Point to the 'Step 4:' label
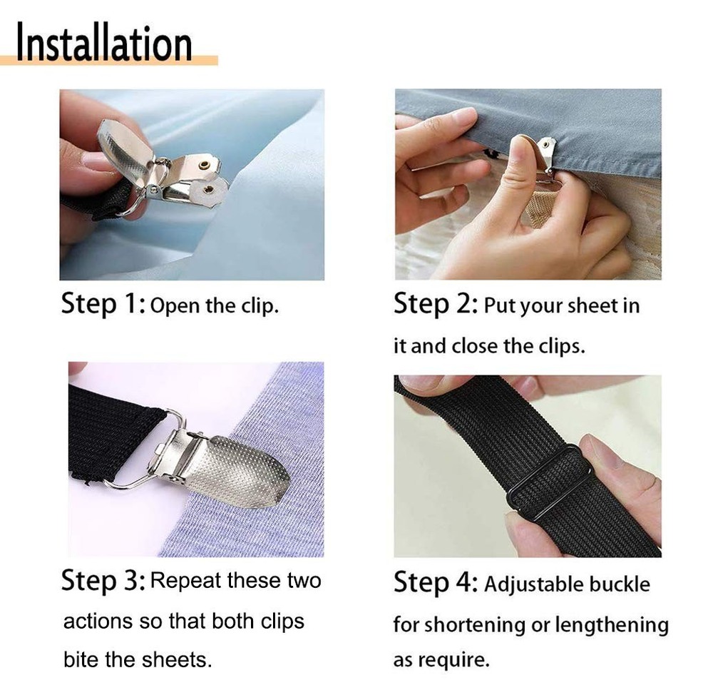[436, 583]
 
